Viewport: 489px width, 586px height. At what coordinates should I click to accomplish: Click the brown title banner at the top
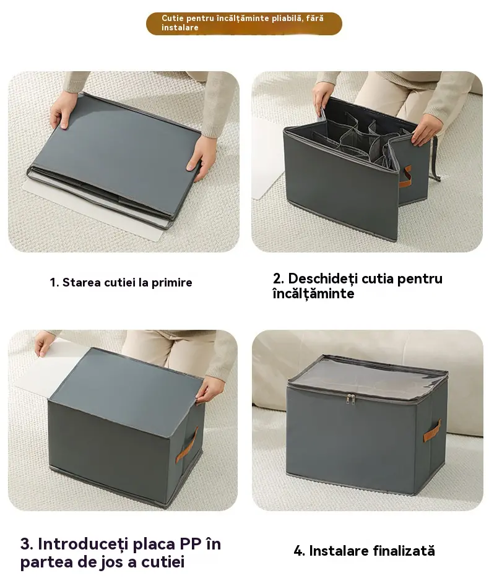[244, 24]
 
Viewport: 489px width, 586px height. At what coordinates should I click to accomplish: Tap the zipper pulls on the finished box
[351, 399]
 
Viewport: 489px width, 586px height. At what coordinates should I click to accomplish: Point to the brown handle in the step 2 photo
[405, 176]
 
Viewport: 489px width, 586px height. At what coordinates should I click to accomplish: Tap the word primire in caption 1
[171, 283]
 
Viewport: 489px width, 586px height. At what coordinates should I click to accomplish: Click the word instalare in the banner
[180, 27]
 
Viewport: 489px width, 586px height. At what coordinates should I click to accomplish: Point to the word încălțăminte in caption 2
[313, 294]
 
